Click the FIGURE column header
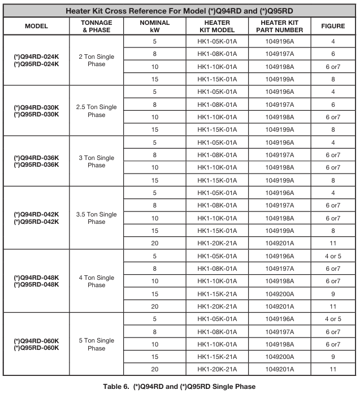(x=333, y=26)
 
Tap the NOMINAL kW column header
(x=154, y=26)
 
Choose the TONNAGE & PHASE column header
(x=97, y=26)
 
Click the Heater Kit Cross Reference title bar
(x=180, y=11)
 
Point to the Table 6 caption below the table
(x=179, y=387)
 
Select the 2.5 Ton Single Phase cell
(x=97, y=111)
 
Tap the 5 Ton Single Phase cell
(x=97, y=344)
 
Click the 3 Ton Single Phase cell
(x=97, y=161)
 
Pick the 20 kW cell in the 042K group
(x=154, y=243)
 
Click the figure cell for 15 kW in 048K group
(x=333, y=294)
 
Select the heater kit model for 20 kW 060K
(x=217, y=369)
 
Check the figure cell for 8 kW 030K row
(x=333, y=105)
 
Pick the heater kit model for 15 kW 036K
(x=217, y=180)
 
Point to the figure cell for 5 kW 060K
(x=333, y=319)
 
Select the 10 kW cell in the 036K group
(x=154, y=167)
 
